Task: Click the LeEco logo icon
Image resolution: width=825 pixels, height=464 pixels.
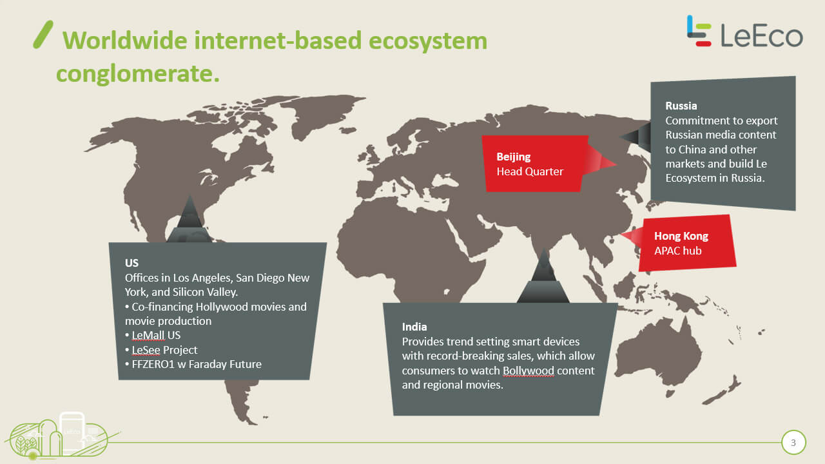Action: coord(699,31)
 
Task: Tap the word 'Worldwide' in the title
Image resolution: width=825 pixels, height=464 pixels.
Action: coord(125,40)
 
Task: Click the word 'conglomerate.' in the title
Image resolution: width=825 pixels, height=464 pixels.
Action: coord(138,73)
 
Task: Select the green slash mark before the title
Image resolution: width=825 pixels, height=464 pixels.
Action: coord(43,34)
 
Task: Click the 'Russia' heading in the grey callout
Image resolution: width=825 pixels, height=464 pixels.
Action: coord(681,106)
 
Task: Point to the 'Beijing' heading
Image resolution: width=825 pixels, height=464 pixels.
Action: coord(514,157)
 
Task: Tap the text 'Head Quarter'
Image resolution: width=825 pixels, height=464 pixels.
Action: coord(530,171)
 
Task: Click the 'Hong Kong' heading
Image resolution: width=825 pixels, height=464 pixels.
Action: coord(681,236)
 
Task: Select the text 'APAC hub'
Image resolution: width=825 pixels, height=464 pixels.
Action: coord(677,251)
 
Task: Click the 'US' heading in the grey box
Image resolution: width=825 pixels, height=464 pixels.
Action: coord(131,263)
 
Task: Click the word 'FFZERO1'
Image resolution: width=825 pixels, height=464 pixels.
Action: coord(153,364)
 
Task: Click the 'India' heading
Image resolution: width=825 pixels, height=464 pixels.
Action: coord(414,327)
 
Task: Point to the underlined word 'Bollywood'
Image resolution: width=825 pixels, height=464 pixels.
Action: coord(528,371)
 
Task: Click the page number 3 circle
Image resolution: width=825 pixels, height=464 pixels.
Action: coord(793,442)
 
